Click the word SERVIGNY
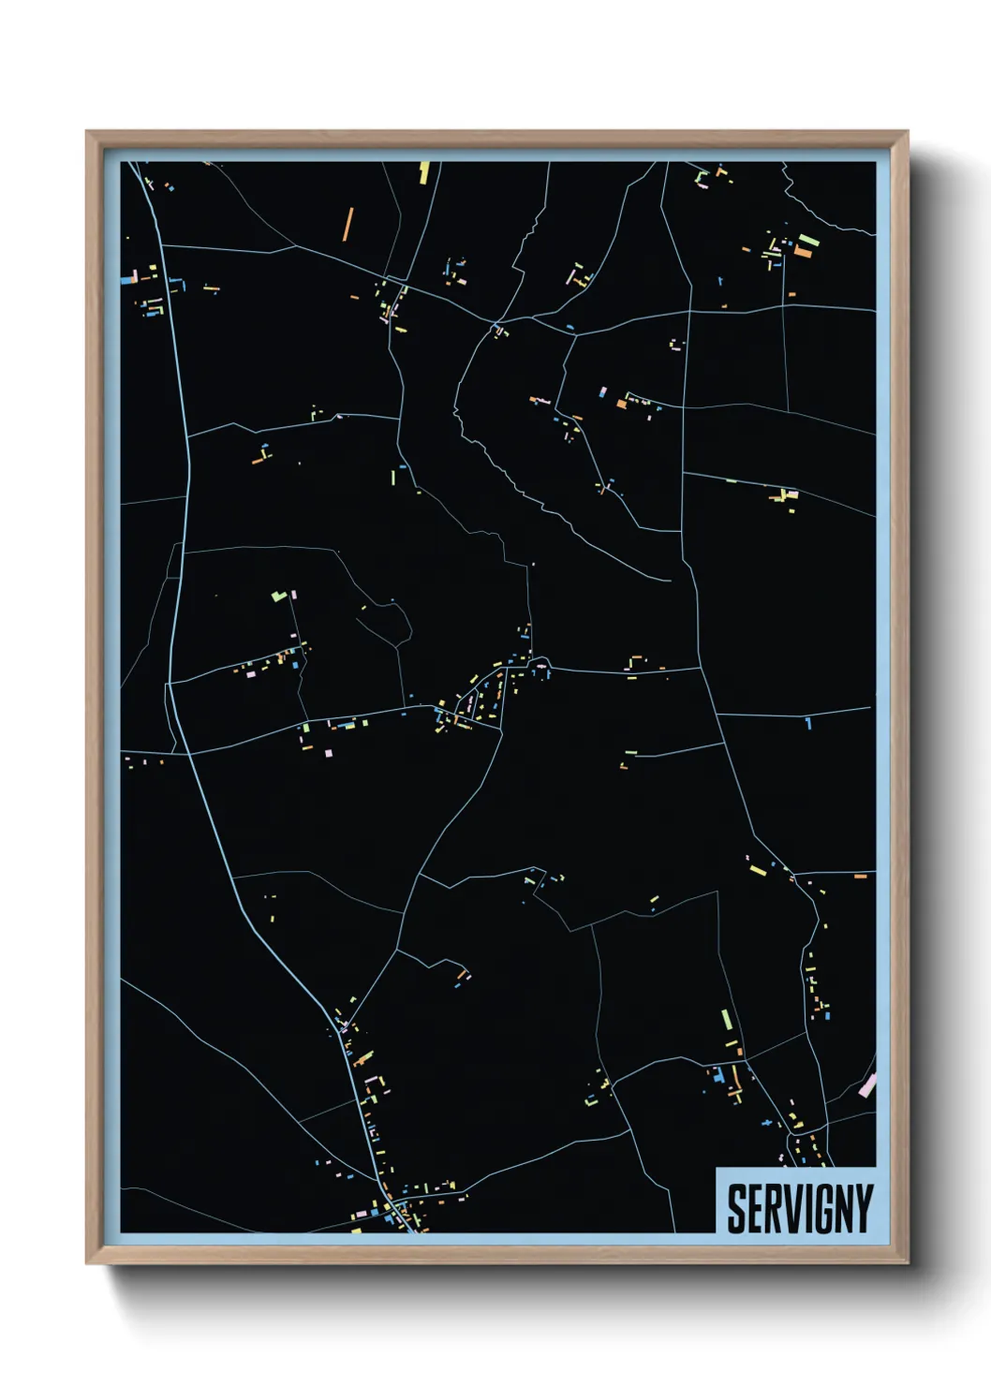(x=799, y=1208)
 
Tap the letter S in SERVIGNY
(x=737, y=1208)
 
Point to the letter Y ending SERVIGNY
(x=863, y=1208)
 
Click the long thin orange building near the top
(x=348, y=224)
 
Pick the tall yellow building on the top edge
(x=423, y=172)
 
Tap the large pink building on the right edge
(x=867, y=1085)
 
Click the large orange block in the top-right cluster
(x=803, y=251)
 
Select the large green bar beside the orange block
(x=807, y=240)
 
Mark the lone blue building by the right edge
(x=808, y=722)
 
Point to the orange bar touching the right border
(x=861, y=876)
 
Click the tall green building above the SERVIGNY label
(x=726, y=1020)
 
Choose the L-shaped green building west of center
(x=277, y=595)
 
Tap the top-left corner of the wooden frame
(x=88, y=133)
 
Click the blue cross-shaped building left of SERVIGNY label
(x=770, y=1122)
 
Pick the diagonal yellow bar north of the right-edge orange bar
(x=758, y=870)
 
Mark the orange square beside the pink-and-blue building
(x=621, y=405)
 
